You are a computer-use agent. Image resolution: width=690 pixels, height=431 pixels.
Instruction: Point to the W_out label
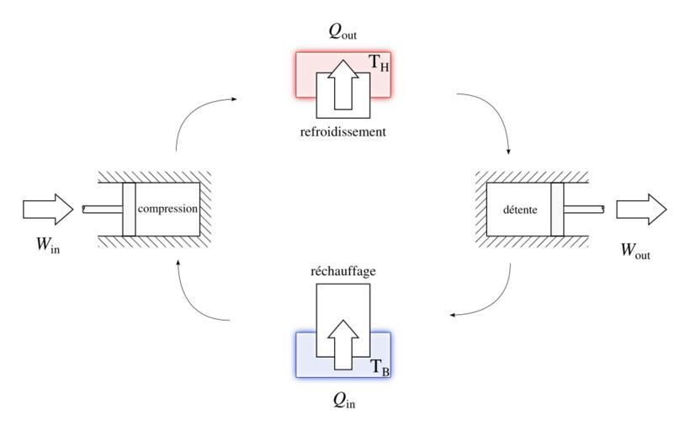pyautogui.click(x=635, y=250)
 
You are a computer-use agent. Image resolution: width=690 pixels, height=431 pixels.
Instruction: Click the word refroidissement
pyautogui.click(x=342, y=132)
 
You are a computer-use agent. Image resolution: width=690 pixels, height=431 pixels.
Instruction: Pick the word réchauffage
pyautogui.click(x=342, y=272)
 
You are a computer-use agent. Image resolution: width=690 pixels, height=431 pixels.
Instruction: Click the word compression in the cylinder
pyautogui.click(x=167, y=209)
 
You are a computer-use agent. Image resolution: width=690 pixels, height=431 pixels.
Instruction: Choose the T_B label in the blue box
pyautogui.click(x=380, y=367)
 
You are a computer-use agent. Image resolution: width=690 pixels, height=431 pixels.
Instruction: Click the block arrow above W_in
pyautogui.click(x=48, y=209)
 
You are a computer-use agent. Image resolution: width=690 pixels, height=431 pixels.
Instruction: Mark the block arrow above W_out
pyautogui.click(x=641, y=210)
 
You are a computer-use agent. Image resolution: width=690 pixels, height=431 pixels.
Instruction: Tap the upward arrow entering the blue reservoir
pyautogui.click(x=342, y=343)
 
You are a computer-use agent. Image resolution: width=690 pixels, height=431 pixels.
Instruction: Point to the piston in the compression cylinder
pyautogui.click(x=129, y=209)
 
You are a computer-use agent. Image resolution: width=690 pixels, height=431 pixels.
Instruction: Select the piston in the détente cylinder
pyautogui.click(x=557, y=209)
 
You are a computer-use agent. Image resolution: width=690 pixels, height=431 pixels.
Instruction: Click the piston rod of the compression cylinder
pyautogui.click(x=102, y=209)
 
